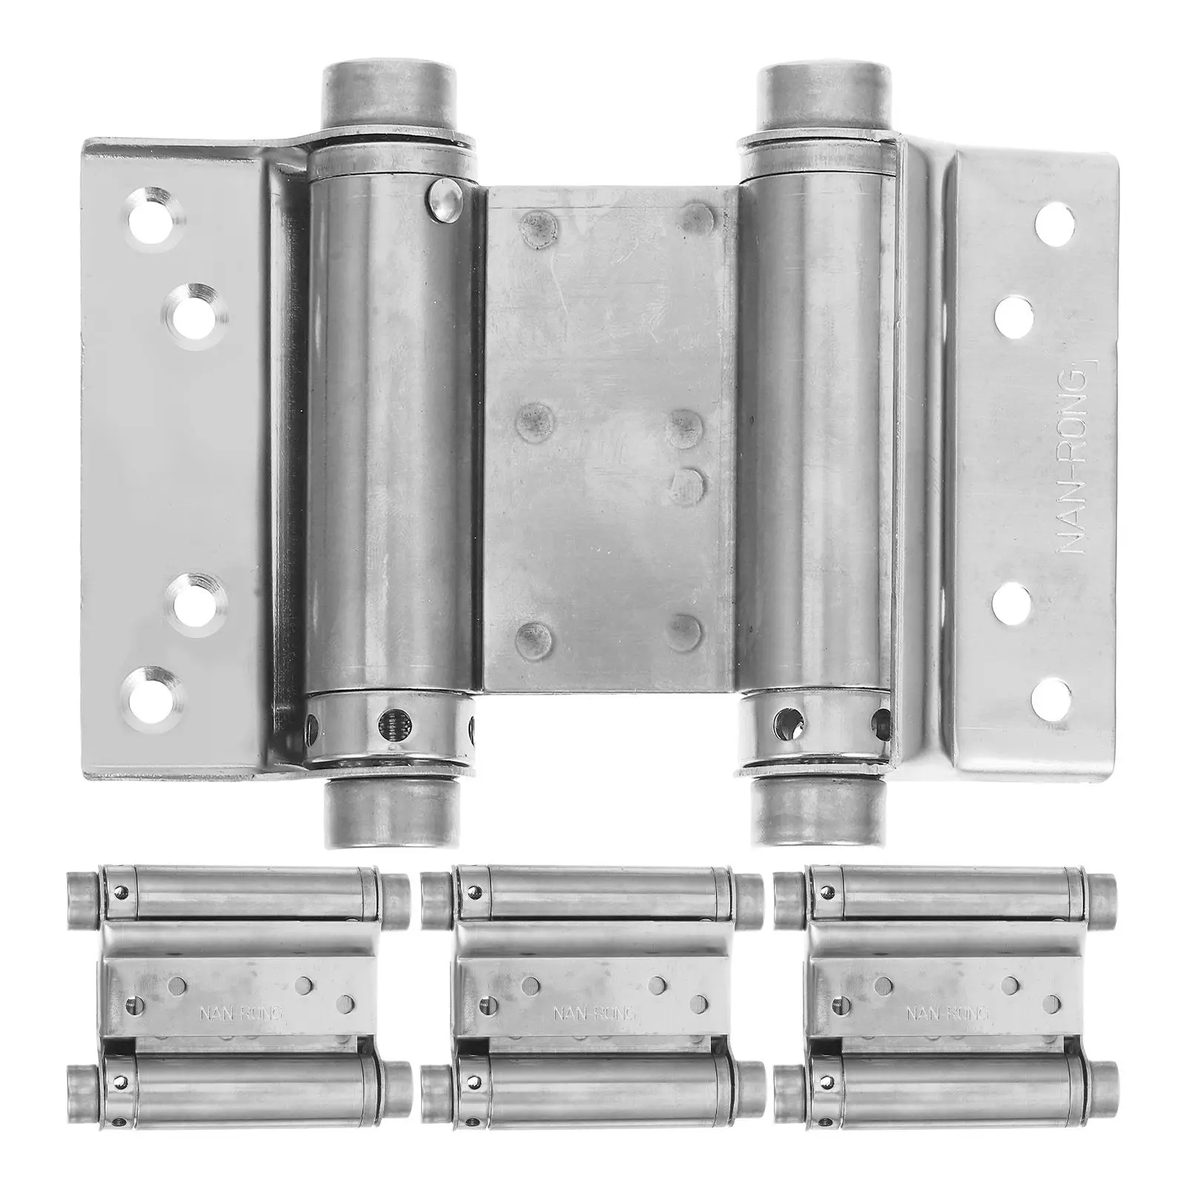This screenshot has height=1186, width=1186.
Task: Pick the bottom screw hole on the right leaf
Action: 1051,695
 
